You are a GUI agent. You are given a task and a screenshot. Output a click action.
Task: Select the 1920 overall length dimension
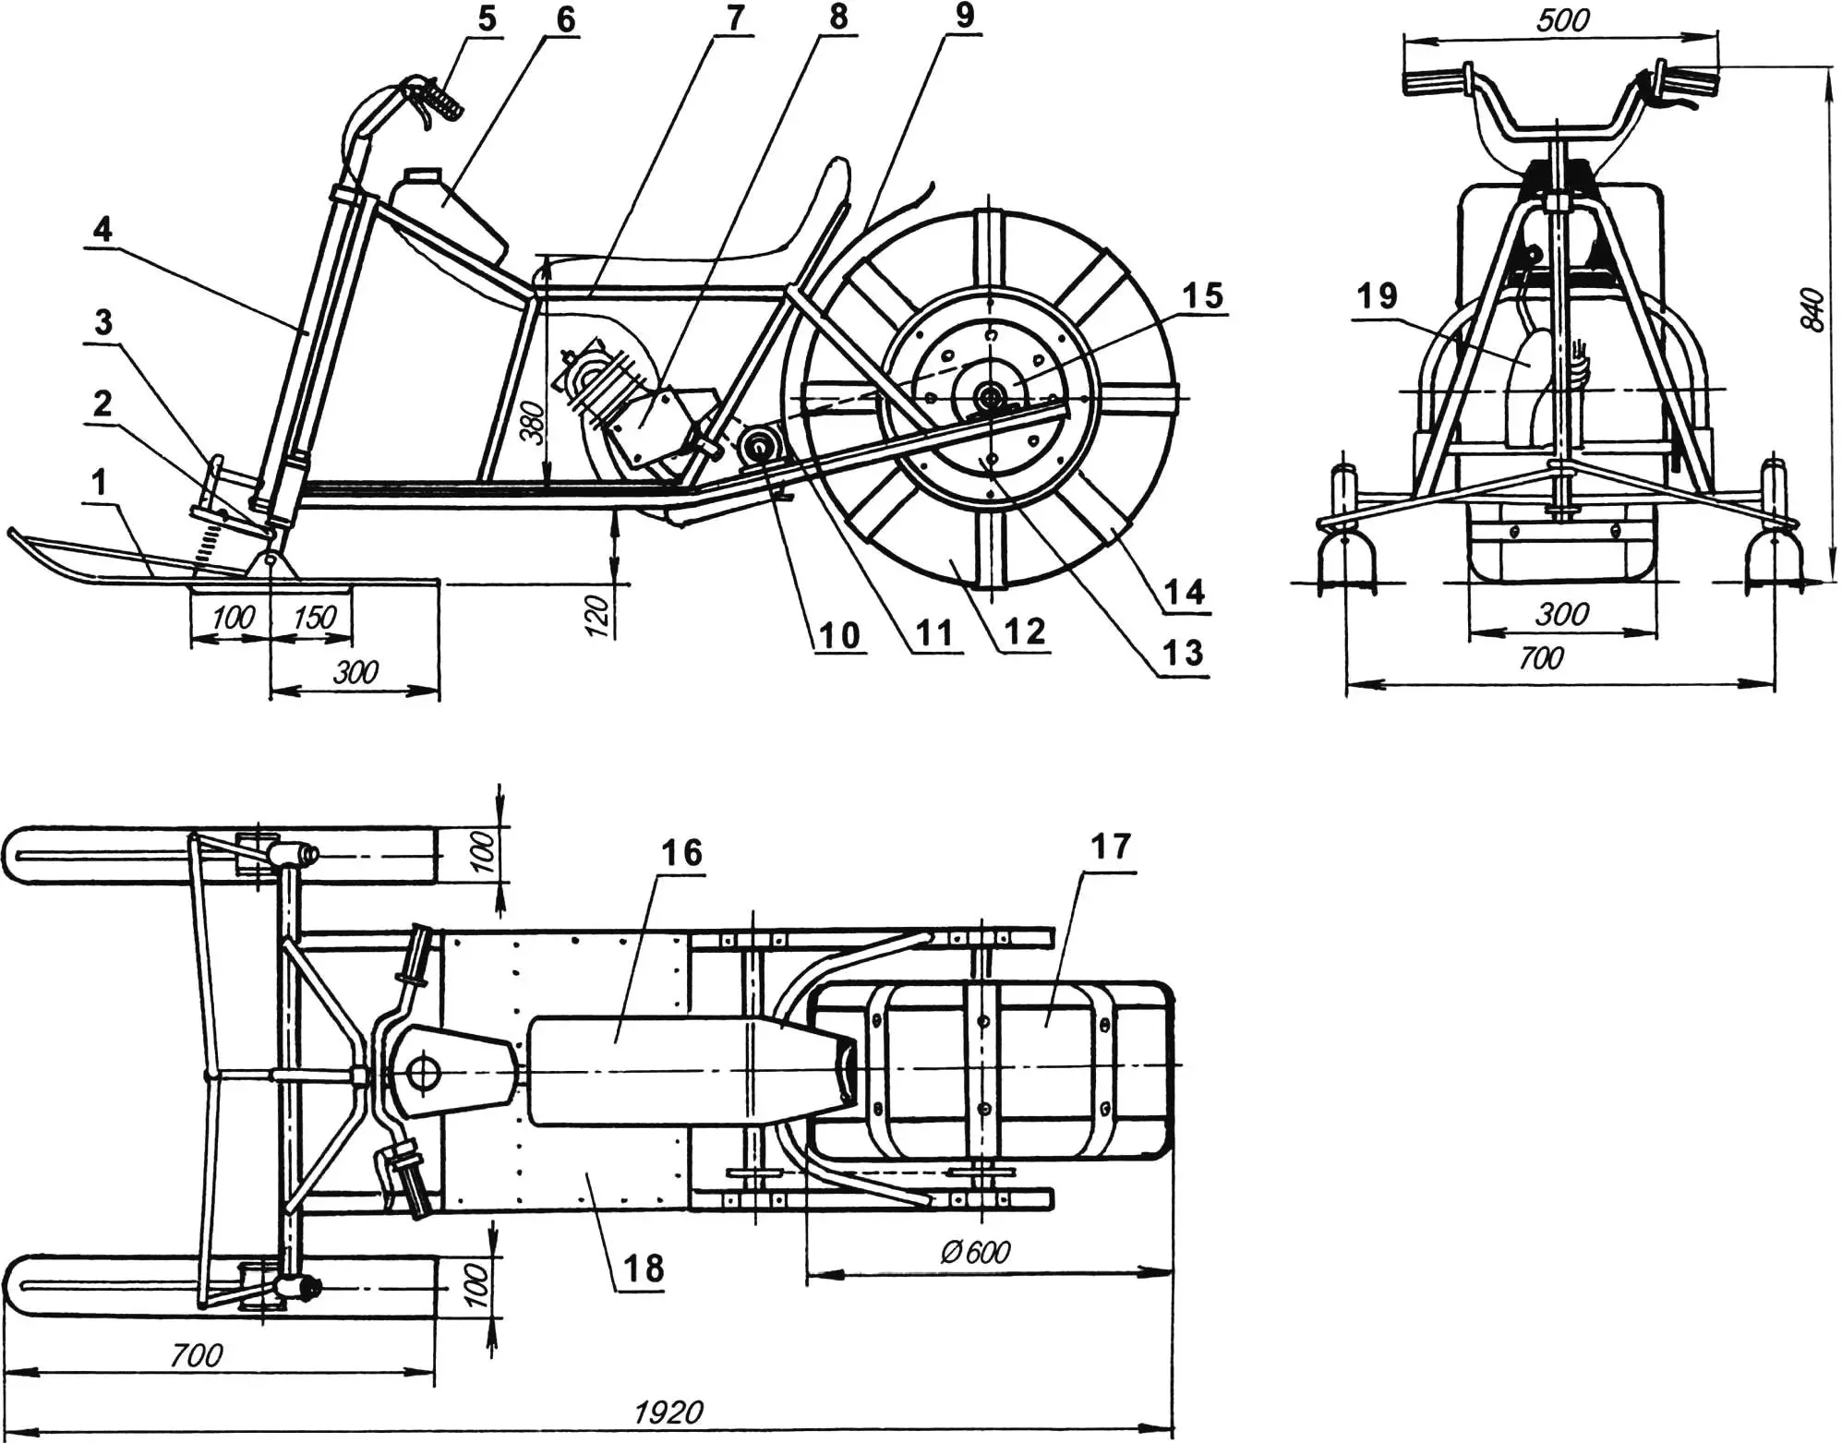coord(668,1412)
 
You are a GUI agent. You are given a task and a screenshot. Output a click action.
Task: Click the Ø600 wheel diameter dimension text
coord(975,1253)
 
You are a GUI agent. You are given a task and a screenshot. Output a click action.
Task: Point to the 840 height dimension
coord(1812,310)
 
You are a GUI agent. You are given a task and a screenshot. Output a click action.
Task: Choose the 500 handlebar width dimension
coord(1562,20)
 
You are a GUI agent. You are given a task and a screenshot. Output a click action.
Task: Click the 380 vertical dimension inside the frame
coord(533,422)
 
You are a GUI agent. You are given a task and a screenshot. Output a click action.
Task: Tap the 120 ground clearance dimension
coord(597,614)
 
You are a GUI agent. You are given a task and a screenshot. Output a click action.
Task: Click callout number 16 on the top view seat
coord(680,852)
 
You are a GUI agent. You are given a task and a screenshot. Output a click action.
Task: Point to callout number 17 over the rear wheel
coord(1110,846)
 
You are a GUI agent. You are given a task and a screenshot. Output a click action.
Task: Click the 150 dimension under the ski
coord(314,617)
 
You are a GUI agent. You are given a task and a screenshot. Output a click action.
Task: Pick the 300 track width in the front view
coord(1561,613)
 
